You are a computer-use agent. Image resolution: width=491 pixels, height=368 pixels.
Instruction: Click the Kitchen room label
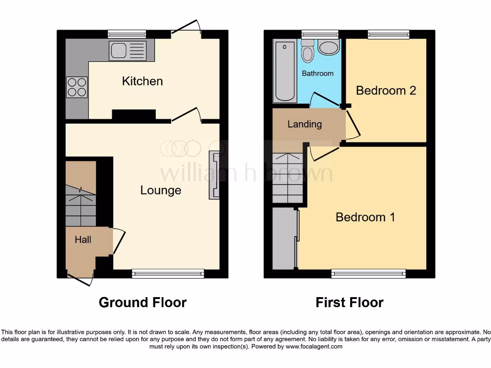(142, 81)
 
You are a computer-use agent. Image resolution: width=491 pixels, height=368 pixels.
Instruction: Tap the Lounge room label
(161, 190)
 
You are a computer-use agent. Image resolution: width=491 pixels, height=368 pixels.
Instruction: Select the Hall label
(82, 239)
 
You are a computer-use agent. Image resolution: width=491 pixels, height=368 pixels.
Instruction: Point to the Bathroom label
(317, 73)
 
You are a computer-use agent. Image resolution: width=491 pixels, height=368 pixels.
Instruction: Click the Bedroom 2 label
(386, 91)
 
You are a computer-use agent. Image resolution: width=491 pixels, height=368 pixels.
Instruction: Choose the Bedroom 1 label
(365, 217)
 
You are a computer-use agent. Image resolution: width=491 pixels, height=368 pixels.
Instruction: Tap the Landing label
(304, 124)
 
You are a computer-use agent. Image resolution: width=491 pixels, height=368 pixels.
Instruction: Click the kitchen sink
(127, 50)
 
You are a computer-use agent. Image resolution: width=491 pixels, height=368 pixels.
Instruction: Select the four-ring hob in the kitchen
(77, 87)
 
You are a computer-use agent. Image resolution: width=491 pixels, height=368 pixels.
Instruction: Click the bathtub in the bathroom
(285, 71)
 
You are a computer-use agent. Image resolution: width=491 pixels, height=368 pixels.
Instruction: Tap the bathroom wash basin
(329, 47)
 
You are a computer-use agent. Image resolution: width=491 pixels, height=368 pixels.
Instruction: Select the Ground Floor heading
(142, 302)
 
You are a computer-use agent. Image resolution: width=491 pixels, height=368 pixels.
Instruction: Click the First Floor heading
(349, 302)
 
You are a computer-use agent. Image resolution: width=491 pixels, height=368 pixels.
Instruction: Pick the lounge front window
(168, 274)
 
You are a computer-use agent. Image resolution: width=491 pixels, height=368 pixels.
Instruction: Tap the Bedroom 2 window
(388, 34)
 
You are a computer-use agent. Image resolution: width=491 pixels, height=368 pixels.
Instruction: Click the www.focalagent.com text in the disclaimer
(314, 346)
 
